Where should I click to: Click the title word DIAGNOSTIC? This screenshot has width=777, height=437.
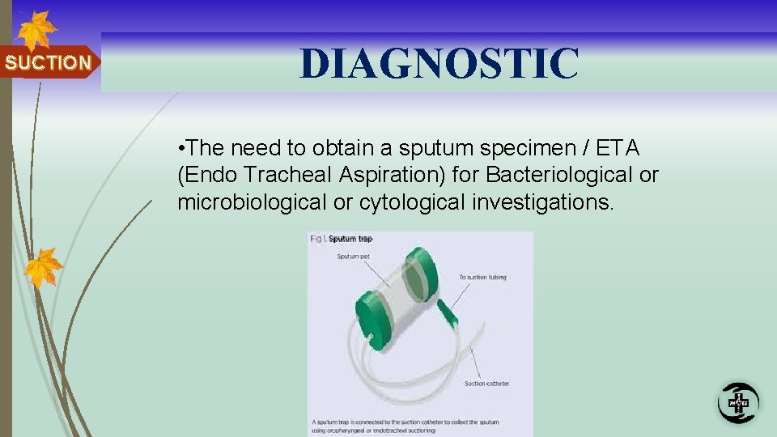[439, 63]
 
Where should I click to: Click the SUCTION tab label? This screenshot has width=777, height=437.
[48, 63]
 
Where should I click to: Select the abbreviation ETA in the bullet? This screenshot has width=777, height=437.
[617, 148]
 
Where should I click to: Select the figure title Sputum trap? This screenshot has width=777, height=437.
[350, 240]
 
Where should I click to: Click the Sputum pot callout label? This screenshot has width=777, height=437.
[352, 257]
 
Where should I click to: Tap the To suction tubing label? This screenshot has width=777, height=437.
[482, 278]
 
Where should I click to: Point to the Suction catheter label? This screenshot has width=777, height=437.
[487, 383]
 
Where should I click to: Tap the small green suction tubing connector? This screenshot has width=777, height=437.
[447, 311]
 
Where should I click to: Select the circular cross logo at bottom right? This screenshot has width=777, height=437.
[737, 402]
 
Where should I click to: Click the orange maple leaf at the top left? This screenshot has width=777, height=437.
[36, 31]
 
